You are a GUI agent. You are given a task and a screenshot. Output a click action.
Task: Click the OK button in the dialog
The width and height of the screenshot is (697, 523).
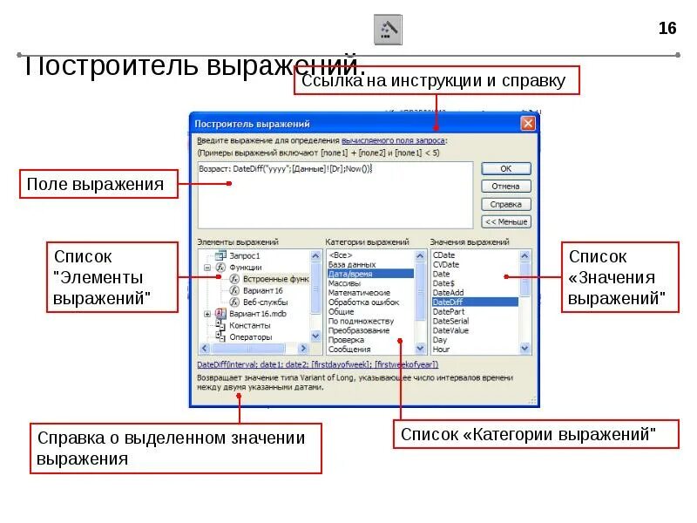[505, 169]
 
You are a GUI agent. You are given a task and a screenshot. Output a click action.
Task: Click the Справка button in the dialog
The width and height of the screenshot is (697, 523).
[505, 204]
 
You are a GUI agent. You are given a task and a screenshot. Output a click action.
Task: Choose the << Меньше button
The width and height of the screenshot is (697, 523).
[505, 221]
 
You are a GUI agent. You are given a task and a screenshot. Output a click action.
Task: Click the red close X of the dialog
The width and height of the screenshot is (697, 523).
[528, 124]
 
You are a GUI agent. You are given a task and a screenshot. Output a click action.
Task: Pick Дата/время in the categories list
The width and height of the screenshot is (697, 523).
[348, 274]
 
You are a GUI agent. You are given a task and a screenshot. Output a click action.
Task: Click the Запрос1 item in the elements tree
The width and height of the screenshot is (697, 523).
[246, 255]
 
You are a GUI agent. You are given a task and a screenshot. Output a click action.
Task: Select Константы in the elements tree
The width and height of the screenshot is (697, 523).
[249, 325]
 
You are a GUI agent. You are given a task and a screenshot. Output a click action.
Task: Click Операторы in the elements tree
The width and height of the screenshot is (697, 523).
[250, 336]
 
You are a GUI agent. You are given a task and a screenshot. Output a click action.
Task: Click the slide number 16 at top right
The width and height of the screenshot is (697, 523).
[667, 29]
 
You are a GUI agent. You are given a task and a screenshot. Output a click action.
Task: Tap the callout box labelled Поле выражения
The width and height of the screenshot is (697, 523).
[95, 184]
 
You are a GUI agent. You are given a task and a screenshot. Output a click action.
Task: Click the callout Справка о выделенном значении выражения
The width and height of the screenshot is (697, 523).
[175, 448]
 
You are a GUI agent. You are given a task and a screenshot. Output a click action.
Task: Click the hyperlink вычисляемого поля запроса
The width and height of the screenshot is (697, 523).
[393, 140]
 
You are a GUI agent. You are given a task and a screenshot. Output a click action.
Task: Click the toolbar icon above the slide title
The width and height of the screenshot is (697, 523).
[388, 30]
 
